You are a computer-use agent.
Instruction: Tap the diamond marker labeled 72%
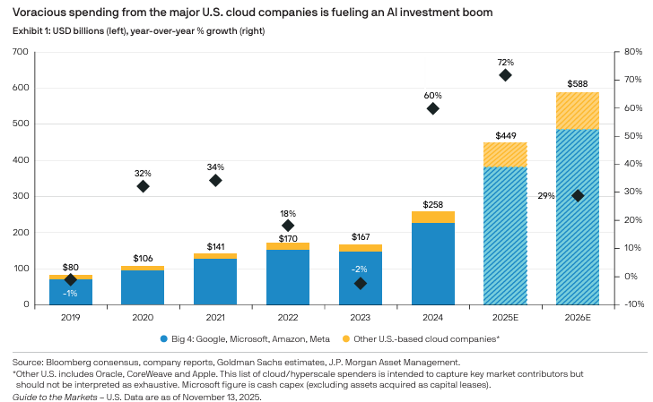click(x=505, y=75)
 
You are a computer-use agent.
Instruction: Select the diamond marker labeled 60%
click(x=433, y=108)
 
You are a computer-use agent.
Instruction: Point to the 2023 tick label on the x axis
click(x=360, y=316)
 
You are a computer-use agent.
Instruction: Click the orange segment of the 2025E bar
click(x=505, y=155)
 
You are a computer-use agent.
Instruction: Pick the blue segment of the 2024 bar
click(x=432, y=263)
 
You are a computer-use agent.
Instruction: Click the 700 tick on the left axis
click(x=20, y=52)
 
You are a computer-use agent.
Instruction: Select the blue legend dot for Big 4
click(x=162, y=339)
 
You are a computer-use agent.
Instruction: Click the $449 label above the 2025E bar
click(x=505, y=134)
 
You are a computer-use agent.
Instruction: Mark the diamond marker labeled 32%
click(x=144, y=186)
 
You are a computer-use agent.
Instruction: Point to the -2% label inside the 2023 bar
click(x=360, y=269)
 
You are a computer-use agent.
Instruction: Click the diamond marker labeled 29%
click(x=578, y=195)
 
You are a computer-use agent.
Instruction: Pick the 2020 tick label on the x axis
click(x=144, y=316)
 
